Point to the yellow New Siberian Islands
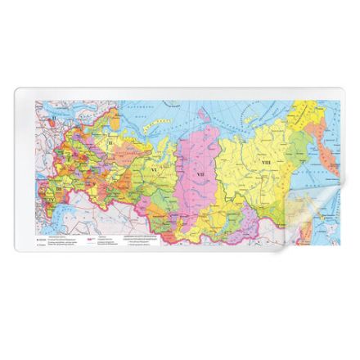click(x=260, y=104)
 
